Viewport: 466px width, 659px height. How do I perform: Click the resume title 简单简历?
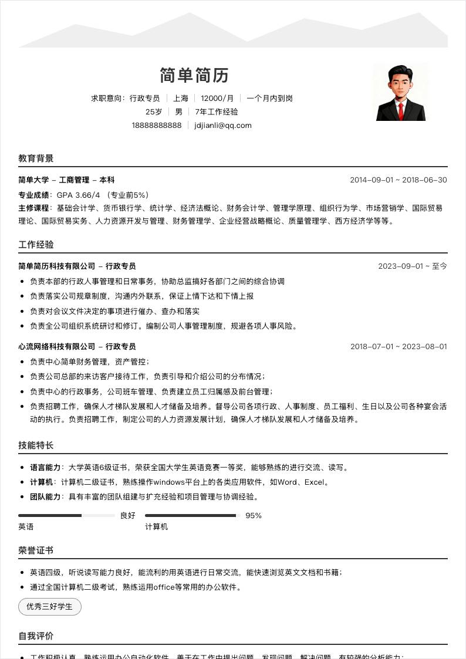[x=194, y=75]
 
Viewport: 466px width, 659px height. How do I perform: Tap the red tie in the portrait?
[x=401, y=109]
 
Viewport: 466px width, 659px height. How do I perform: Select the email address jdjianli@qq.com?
[x=223, y=125]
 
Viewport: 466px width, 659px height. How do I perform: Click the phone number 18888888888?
[x=157, y=125]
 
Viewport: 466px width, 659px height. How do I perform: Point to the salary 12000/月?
[x=217, y=98]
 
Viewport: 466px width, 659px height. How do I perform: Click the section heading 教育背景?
[x=36, y=158]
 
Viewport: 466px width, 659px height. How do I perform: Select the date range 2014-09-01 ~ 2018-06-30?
[x=399, y=180]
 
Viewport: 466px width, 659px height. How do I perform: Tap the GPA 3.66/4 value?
[x=79, y=194]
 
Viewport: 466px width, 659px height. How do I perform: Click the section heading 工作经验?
[x=36, y=244]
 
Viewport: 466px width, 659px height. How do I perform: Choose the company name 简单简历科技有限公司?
[x=56, y=266]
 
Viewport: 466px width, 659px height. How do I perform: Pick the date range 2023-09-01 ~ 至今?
[x=413, y=266]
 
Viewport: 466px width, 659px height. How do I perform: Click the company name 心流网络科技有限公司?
[x=56, y=346]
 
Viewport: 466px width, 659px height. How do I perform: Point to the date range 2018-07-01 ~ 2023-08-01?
[x=399, y=346]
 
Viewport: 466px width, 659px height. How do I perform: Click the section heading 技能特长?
[x=36, y=445]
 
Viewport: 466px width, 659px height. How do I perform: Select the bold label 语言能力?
[x=45, y=468]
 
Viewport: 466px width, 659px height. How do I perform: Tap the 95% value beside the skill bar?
[x=254, y=516]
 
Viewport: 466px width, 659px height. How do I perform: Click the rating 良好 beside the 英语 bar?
[x=127, y=516]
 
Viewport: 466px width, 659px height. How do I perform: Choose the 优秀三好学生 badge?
[x=50, y=607]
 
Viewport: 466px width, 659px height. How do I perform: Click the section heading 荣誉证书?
[x=36, y=550]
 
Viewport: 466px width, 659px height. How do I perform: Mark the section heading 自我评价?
[x=36, y=636]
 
